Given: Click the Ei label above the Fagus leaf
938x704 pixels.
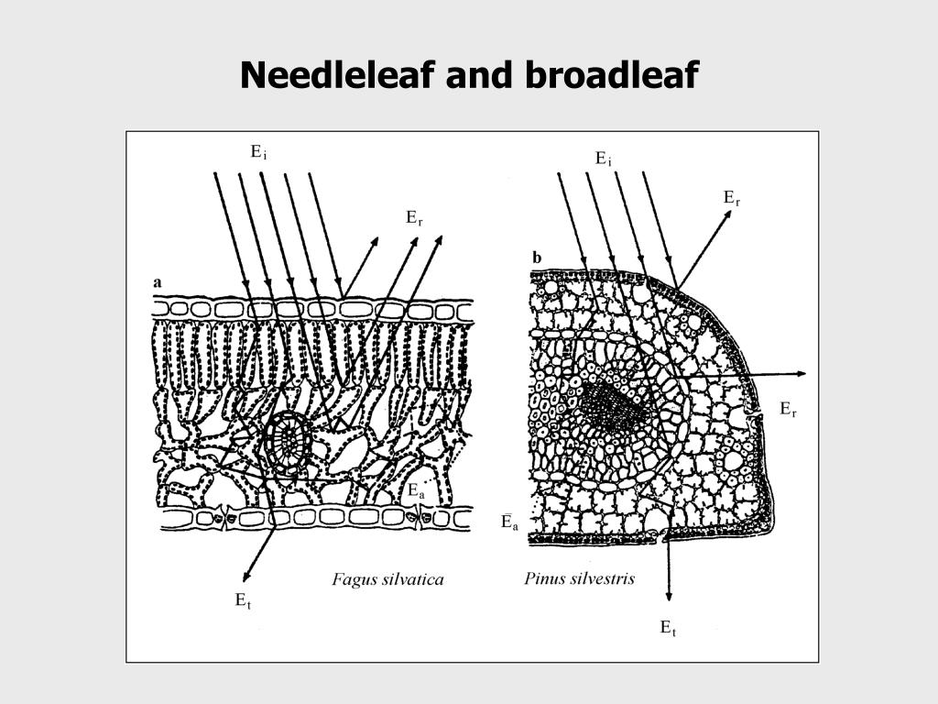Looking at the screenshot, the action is [258, 153].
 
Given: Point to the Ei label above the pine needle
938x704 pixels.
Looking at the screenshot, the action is [603, 159].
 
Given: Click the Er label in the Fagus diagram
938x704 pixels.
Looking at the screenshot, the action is [414, 217].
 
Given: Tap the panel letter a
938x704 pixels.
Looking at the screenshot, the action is [158, 282].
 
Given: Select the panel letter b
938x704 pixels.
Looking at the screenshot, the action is [537, 258].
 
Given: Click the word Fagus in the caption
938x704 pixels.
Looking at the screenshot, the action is [352, 578].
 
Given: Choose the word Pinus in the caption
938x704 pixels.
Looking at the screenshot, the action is [545, 578].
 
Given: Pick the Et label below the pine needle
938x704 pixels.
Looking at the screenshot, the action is [668, 628].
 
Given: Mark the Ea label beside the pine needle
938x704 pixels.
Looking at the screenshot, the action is [508, 522].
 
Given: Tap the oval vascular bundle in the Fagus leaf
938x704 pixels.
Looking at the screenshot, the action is [290, 439].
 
